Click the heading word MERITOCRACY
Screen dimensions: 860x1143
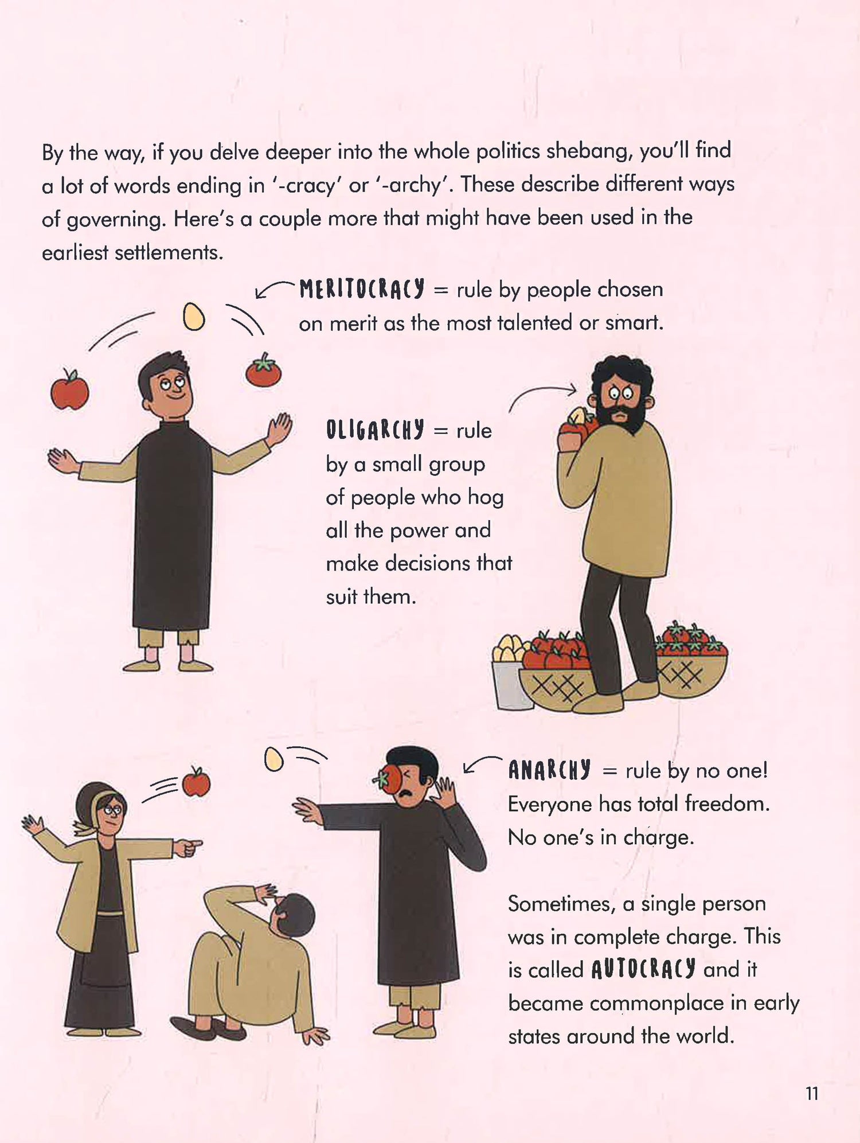(362, 289)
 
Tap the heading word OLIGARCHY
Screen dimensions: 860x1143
(375, 429)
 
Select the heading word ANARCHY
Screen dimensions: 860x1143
(549, 770)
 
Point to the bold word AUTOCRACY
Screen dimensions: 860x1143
(643, 969)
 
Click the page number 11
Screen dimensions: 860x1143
(812, 1094)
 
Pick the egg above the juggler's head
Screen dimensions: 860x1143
(194, 316)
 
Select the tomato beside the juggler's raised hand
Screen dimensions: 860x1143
(264, 370)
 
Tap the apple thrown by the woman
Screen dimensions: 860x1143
(196, 782)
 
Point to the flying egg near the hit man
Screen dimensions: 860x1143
(274, 759)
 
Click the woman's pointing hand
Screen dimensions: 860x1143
(187, 846)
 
